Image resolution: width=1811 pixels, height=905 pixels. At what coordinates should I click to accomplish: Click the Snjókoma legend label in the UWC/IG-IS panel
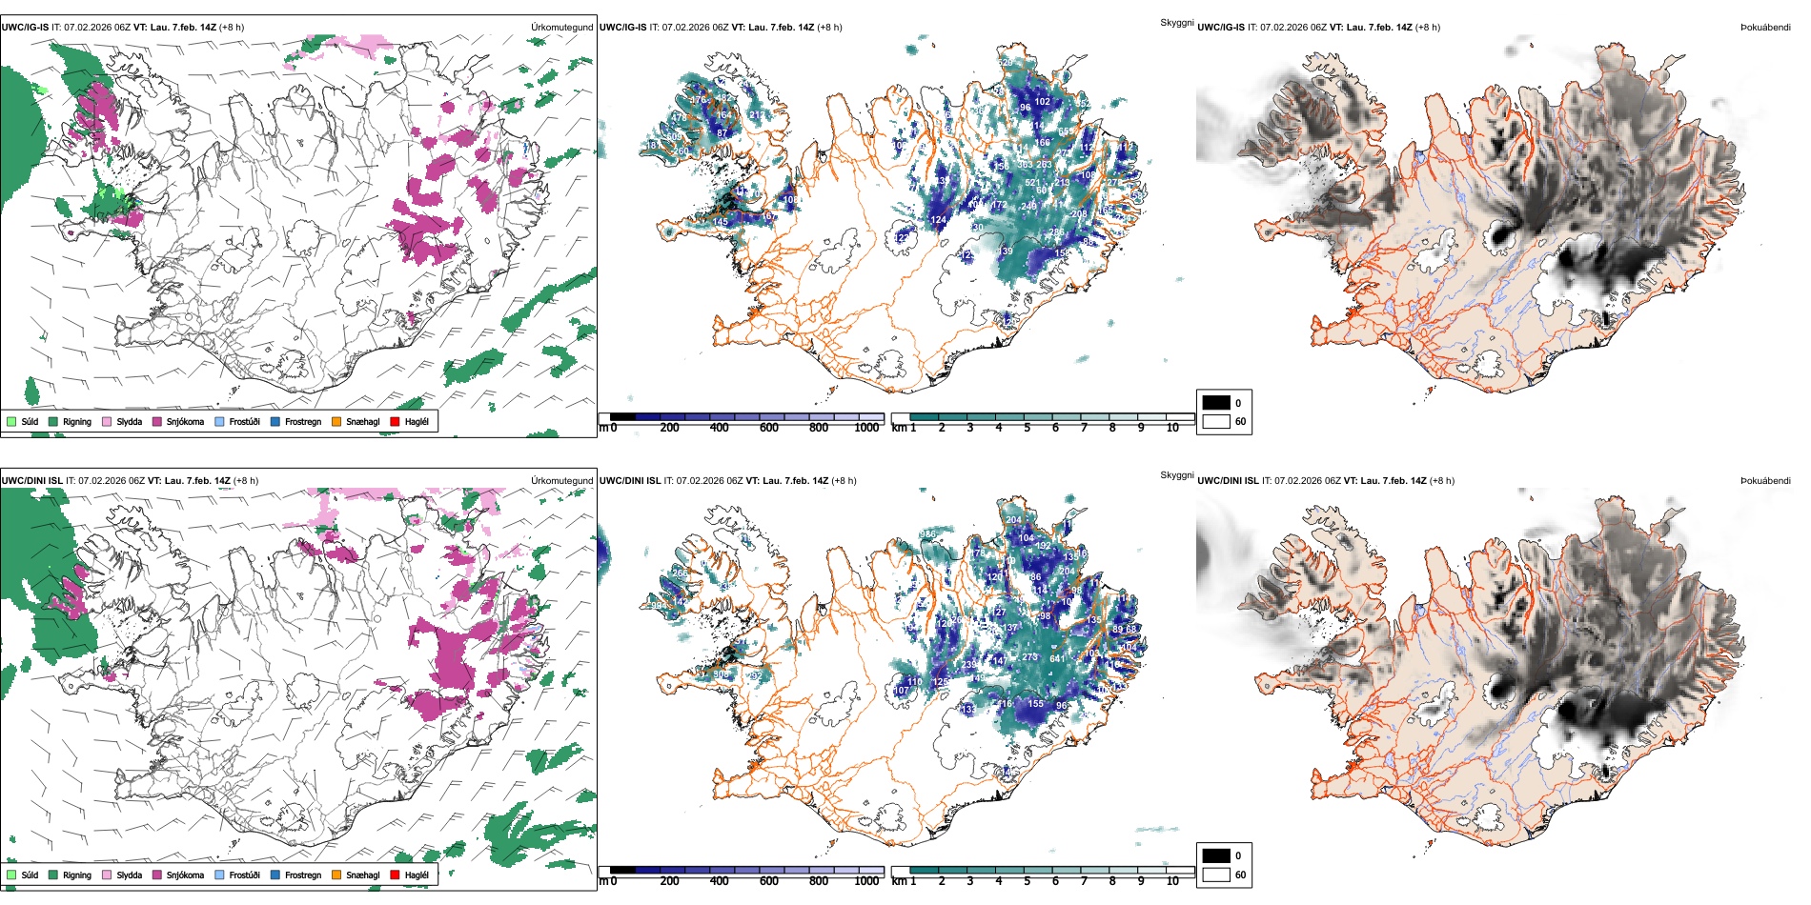coord(185,421)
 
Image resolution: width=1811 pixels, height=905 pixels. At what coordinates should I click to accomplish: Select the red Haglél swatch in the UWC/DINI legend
coord(395,875)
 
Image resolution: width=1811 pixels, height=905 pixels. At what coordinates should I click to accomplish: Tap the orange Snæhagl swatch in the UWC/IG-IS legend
coord(336,421)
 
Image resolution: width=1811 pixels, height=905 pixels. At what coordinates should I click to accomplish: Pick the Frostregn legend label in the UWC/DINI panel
coord(302,875)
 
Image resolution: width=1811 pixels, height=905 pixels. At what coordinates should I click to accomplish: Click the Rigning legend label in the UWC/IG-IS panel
coord(77,421)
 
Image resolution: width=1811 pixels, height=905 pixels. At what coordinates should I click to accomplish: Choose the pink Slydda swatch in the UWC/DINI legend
coord(106,875)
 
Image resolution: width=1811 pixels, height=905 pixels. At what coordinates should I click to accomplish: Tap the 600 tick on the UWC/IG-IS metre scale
coord(769,428)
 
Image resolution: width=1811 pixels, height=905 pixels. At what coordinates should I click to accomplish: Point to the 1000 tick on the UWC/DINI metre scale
coord(866,881)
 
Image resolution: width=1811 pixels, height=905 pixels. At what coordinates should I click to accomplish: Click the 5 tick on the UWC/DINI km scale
coord(1027,881)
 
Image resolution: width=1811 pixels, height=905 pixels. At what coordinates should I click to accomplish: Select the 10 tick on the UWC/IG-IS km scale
coord(1172,428)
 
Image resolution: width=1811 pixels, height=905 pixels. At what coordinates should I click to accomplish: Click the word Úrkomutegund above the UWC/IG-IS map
coord(561,28)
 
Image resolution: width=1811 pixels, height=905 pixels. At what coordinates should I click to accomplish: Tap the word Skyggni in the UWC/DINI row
coord(1176,475)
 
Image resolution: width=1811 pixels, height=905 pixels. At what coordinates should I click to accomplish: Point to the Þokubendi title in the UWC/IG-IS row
coord(1765,28)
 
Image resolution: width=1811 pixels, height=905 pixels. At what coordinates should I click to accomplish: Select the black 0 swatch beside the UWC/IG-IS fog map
coord(1216,403)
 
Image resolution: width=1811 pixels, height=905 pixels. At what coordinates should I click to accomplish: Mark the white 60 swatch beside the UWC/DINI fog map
coord(1216,875)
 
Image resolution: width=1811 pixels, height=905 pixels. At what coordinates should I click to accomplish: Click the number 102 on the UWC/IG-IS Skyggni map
coord(1043,102)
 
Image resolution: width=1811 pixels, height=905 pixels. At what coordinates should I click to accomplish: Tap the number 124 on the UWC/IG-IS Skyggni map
coord(939,220)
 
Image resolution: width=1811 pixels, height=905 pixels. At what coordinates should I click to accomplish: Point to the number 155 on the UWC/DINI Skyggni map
coord(1036,704)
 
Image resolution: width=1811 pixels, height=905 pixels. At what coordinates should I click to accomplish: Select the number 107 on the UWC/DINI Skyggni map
coord(901,691)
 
